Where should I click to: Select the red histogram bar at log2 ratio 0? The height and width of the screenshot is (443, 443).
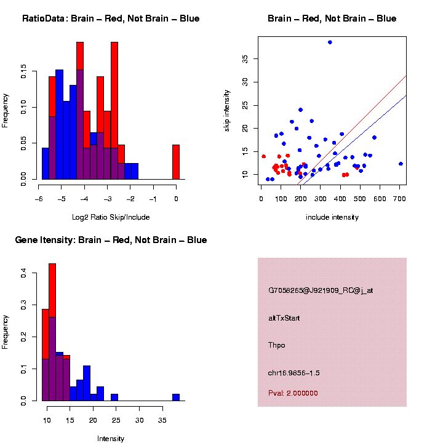176,162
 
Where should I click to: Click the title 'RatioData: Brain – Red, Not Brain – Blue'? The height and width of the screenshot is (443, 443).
111,18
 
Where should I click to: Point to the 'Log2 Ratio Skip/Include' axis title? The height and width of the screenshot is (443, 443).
111,217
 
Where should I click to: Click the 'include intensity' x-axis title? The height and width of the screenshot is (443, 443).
332,217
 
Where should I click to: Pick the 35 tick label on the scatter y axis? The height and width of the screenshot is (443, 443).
245,58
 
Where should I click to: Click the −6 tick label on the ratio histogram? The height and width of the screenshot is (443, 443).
38,198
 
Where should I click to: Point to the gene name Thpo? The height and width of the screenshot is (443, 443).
277,345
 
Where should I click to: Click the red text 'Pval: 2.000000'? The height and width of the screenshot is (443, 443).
293,393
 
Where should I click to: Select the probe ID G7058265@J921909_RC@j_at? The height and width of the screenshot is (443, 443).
321,290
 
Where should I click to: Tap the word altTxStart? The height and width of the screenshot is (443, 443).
284,318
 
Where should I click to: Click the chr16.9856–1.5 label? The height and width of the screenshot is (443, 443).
294,373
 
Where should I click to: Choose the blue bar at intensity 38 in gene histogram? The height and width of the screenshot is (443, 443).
176,397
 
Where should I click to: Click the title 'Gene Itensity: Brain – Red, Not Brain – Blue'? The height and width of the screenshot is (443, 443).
111,240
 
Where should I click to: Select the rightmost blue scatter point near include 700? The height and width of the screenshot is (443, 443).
401,164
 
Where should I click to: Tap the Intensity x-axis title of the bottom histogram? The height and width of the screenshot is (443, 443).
111,439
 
